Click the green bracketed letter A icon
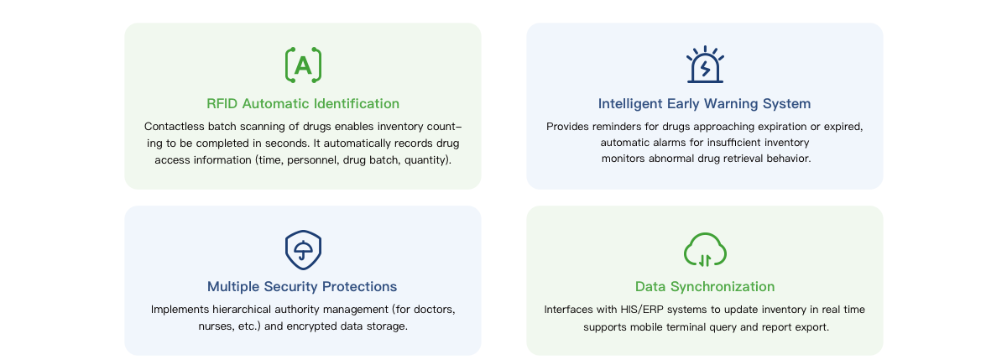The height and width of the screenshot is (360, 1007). [304, 65]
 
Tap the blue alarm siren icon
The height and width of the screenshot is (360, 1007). [705, 65]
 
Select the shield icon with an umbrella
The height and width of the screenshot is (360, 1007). [304, 250]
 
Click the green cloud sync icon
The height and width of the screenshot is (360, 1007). [705, 250]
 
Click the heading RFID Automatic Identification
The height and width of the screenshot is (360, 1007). [303, 104]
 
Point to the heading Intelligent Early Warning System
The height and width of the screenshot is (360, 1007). [704, 104]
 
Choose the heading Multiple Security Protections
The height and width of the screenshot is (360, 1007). [302, 287]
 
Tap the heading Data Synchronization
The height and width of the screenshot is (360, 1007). [705, 287]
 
